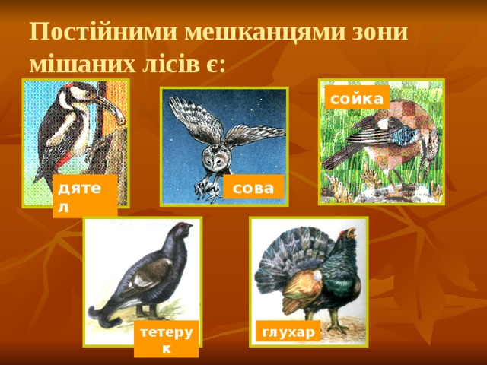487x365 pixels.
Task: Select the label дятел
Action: tap(84, 195)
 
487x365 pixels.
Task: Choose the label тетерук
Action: tap(166, 339)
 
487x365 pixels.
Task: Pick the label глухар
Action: tap(288, 332)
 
